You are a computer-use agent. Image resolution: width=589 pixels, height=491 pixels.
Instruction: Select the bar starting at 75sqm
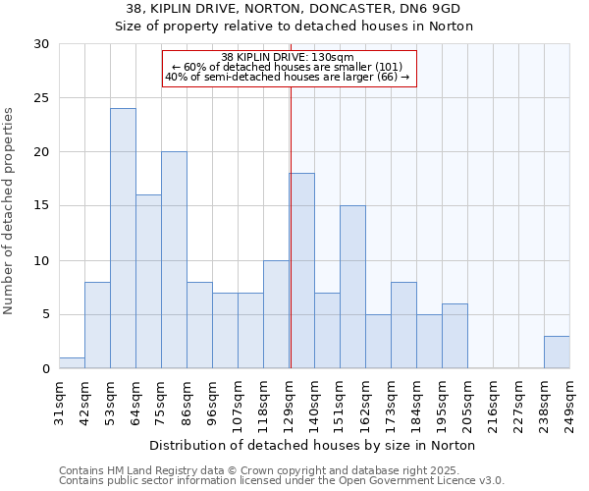tap(174, 260)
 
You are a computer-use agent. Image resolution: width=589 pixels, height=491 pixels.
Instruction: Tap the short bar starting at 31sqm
tap(72, 363)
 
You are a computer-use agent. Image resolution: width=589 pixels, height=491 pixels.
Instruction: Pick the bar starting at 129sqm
tap(301, 271)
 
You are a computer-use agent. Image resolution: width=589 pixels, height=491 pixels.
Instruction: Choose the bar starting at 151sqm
tap(352, 288)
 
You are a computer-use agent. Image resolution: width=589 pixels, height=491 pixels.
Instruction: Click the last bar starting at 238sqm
tap(557, 353)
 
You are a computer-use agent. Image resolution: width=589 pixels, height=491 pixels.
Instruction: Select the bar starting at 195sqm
tap(455, 336)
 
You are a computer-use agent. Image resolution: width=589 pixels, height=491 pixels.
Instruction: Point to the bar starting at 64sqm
tap(148, 282)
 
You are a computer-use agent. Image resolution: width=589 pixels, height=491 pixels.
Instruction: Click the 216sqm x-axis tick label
tap(493, 402)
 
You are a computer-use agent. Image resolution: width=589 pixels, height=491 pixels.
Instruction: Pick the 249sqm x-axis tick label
tap(569, 402)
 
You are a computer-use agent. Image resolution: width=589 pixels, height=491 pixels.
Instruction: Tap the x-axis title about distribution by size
tap(314, 445)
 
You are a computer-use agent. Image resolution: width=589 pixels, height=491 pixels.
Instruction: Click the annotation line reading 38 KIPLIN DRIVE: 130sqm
tap(288, 57)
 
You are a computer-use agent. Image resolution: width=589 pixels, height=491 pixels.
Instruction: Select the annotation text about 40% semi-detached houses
tap(288, 77)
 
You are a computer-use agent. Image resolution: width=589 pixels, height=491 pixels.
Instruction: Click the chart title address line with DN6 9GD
tap(294, 8)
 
